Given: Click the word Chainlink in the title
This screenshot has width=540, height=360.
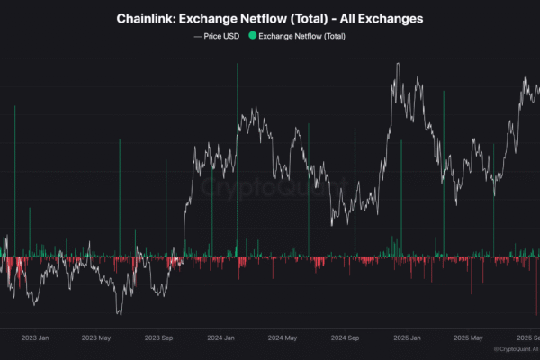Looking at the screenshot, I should click(146, 18).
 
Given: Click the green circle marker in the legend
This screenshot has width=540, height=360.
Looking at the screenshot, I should click(253, 36).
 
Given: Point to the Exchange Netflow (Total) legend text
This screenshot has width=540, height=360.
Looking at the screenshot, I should click(301, 36).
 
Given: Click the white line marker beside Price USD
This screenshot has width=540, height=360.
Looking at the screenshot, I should click(198, 36).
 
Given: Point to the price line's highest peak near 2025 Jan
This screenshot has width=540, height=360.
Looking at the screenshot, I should click(397, 64).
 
